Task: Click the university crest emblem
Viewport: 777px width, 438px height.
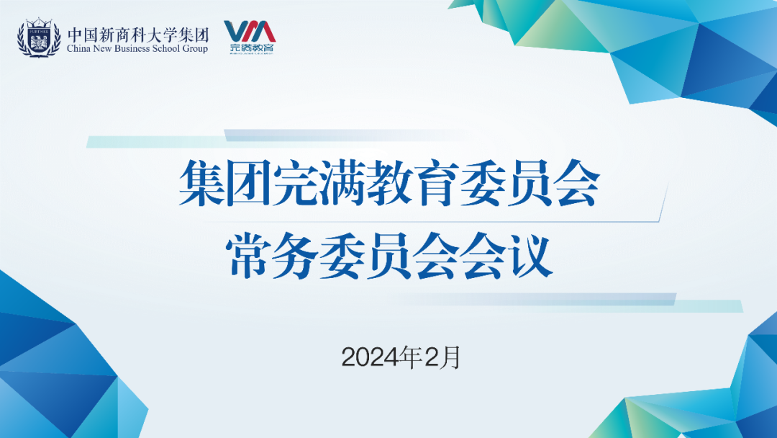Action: click(39, 37)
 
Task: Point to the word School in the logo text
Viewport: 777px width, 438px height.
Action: click(165, 48)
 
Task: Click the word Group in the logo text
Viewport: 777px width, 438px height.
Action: click(195, 49)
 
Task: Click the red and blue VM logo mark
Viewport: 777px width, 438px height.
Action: click(250, 31)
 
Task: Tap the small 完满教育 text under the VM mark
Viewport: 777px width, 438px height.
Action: click(252, 48)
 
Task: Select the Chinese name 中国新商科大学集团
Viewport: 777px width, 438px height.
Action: click(137, 35)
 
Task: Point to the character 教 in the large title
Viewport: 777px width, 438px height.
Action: click(389, 183)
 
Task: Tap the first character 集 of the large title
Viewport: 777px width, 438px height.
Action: click(201, 183)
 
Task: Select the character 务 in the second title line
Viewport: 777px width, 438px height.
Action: click(296, 256)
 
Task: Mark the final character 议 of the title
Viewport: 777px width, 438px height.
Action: click(531, 256)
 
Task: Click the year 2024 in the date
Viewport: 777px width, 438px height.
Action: click(372, 357)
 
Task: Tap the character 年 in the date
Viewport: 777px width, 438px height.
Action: click(413, 357)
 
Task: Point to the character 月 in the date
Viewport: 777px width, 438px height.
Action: click(450, 357)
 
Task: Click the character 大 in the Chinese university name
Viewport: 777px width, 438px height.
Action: click(154, 35)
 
